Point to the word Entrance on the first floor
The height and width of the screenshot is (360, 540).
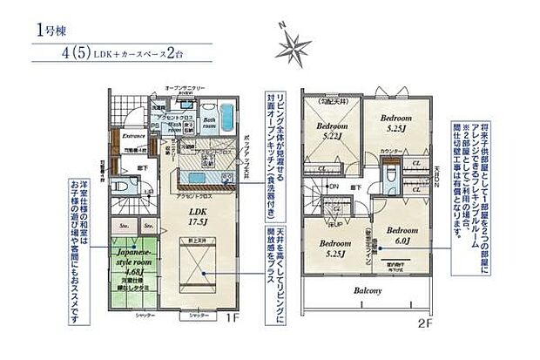[x=132, y=135]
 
